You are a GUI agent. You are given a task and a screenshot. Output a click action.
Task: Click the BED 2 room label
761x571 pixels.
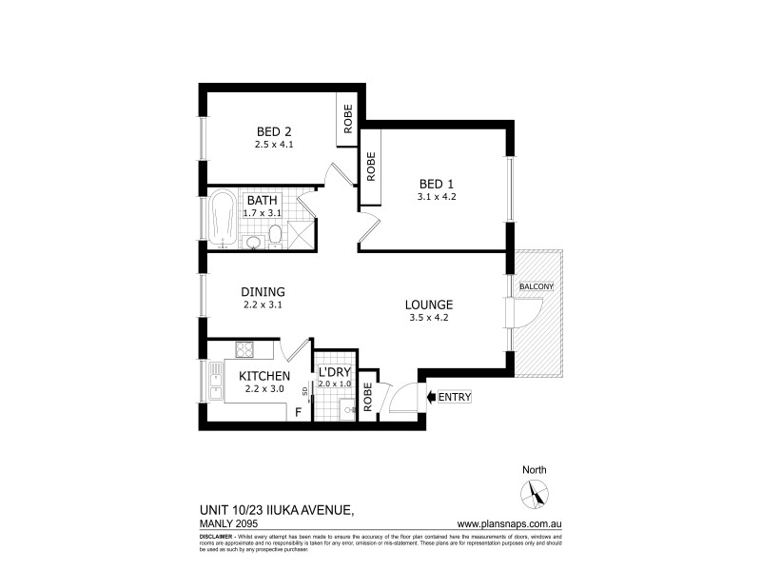point(272,131)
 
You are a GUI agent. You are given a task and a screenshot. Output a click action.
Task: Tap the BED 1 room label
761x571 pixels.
point(438,184)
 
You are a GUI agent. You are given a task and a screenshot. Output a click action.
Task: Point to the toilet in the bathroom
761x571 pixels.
point(274,235)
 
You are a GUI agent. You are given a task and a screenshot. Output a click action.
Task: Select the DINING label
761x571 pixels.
point(263,292)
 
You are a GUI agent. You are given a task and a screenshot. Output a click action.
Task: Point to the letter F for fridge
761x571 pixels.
point(298,412)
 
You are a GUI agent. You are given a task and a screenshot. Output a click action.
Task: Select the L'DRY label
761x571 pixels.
point(334,371)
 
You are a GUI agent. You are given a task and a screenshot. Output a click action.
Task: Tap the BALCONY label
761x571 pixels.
point(537,286)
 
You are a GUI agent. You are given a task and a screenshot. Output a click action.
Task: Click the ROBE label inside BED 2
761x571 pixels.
point(348,119)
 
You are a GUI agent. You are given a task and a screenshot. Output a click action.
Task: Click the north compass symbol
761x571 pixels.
point(534,493)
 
